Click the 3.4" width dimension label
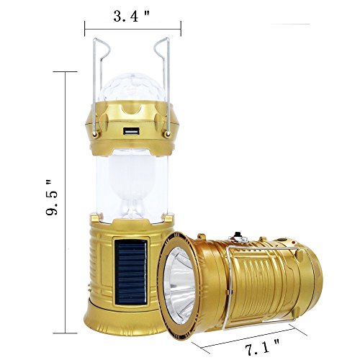[x=131, y=17]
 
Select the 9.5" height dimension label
[x=52, y=197]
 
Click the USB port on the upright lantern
[x=131, y=131]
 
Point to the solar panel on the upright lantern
[x=131, y=272]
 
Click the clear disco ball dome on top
[x=131, y=88]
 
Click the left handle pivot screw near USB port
[x=95, y=134]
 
